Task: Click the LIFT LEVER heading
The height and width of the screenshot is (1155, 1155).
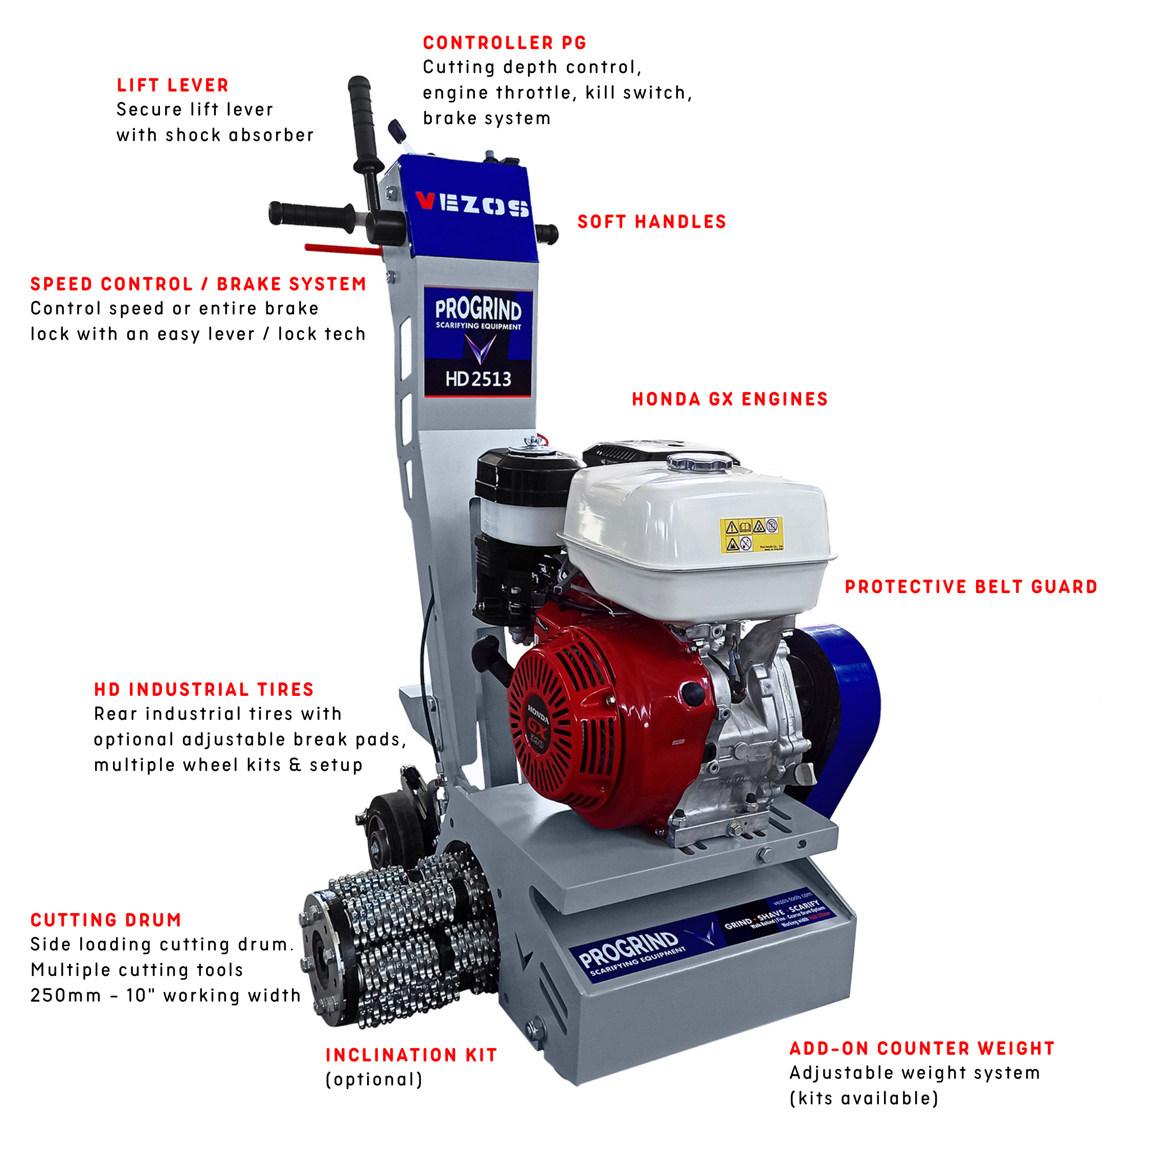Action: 173,85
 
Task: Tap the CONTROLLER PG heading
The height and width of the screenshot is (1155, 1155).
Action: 505,43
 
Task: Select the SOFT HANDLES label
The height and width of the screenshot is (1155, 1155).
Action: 651,222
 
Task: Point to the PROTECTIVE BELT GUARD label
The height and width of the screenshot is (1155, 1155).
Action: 971,587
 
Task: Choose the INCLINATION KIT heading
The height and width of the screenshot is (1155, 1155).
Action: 411,1055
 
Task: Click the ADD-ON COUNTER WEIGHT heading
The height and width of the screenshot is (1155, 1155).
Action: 922,1049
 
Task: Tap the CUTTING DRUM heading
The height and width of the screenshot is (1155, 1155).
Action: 106,920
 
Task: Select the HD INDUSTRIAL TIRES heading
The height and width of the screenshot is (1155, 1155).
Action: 204,690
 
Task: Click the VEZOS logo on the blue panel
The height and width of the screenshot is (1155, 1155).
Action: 472,205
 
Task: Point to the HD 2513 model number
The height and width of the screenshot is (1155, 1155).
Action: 478,379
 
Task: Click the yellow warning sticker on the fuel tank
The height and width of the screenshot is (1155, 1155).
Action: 751,535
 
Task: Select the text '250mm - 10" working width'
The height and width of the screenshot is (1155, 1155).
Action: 166,995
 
